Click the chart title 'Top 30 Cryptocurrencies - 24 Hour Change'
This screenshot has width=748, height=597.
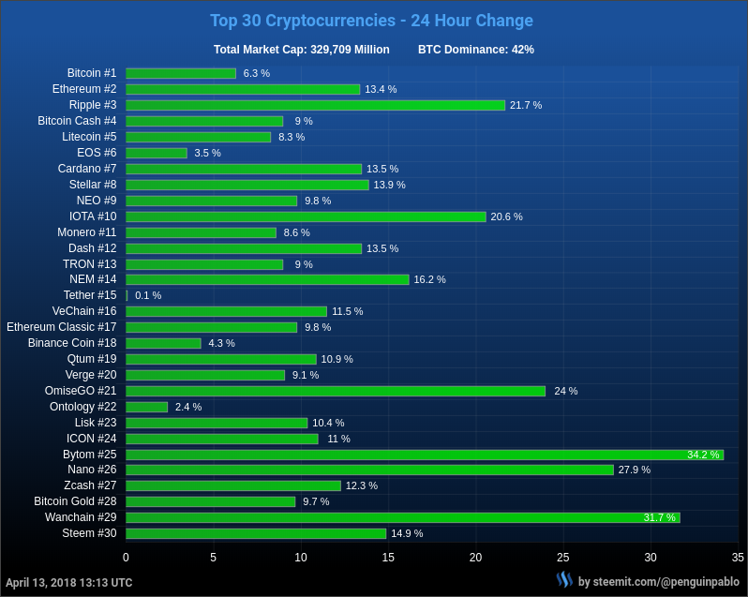point(371,21)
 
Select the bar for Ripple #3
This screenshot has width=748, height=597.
point(315,105)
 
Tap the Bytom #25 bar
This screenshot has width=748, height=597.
point(425,455)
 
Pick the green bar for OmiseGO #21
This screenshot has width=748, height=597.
point(336,391)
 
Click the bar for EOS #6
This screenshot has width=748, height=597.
point(157,153)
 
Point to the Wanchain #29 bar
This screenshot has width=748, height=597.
point(403,517)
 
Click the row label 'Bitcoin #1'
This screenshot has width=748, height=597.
point(92,73)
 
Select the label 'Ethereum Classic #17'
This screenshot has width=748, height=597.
point(62,327)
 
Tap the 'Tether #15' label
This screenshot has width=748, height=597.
point(90,295)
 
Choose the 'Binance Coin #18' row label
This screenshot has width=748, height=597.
point(72,343)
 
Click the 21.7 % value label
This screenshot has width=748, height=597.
point(526,105)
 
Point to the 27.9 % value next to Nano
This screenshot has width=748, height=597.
point(635,470)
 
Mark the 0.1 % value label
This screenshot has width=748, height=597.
point(148,295)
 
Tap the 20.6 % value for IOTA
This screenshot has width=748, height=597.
point(507,216)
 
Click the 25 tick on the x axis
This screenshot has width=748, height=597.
point(563,558)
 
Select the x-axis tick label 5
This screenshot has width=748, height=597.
point(214,558)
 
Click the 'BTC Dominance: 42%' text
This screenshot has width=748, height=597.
point(476,50)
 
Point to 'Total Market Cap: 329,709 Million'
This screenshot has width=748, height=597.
point(302,50)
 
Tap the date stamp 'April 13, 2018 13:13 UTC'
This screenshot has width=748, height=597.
point(69,582)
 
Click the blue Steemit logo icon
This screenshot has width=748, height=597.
point(564,580)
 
